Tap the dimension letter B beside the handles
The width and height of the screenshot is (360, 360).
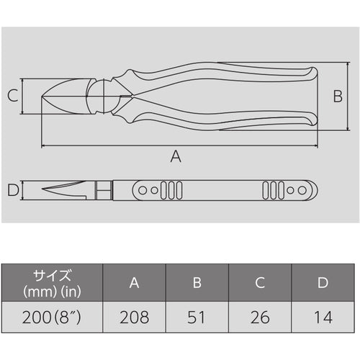[337, 96]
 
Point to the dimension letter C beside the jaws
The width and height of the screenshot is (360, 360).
[12, 96]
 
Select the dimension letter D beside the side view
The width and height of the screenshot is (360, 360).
[12, 191]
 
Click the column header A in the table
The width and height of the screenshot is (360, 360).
[135, 284]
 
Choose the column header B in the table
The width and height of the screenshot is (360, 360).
[197, 284]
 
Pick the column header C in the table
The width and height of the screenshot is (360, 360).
[260, 284]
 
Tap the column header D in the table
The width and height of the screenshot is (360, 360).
[323, 284]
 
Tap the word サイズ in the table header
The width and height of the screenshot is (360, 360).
[51, 276]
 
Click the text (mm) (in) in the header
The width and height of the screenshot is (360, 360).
[51, 292]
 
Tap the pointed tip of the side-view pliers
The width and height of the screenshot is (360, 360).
[45, 192]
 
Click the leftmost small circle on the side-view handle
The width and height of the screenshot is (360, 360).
[142, 191]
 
